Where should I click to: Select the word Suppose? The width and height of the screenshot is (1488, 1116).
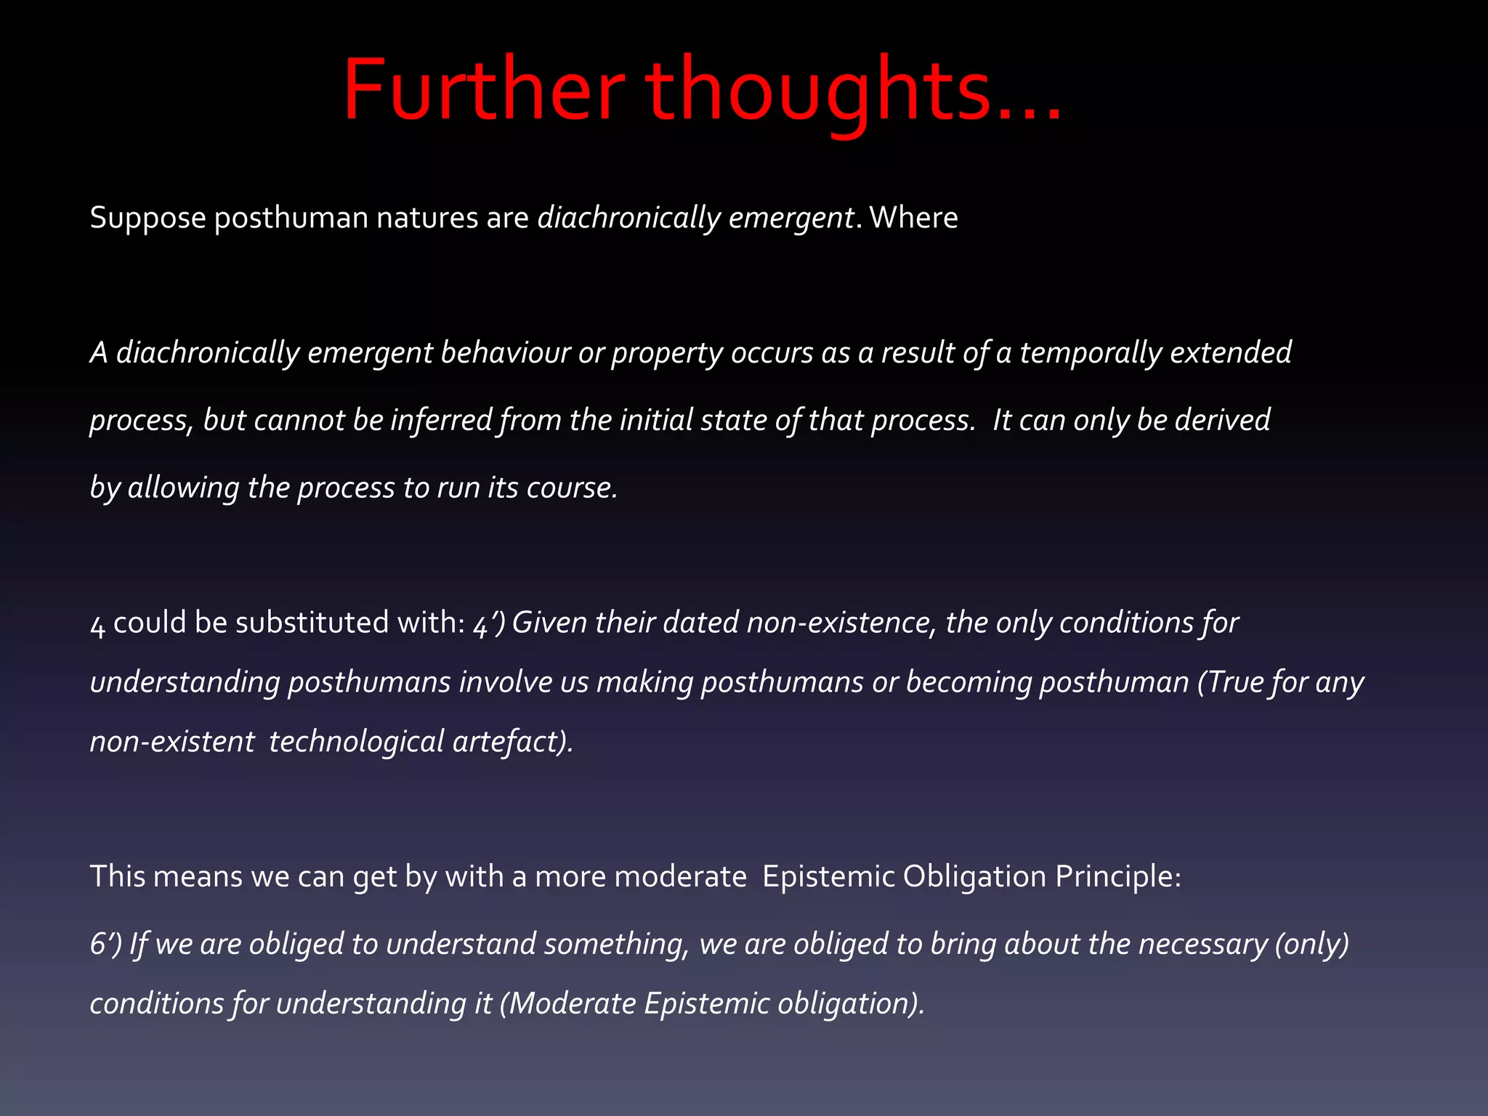pos(147,218)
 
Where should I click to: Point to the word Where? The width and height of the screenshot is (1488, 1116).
pos(913,218)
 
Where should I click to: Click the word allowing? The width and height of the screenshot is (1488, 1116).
pos(183,488)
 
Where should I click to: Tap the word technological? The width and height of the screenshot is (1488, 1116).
pos(356,742)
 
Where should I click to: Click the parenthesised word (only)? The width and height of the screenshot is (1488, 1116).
pos(1312,944)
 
